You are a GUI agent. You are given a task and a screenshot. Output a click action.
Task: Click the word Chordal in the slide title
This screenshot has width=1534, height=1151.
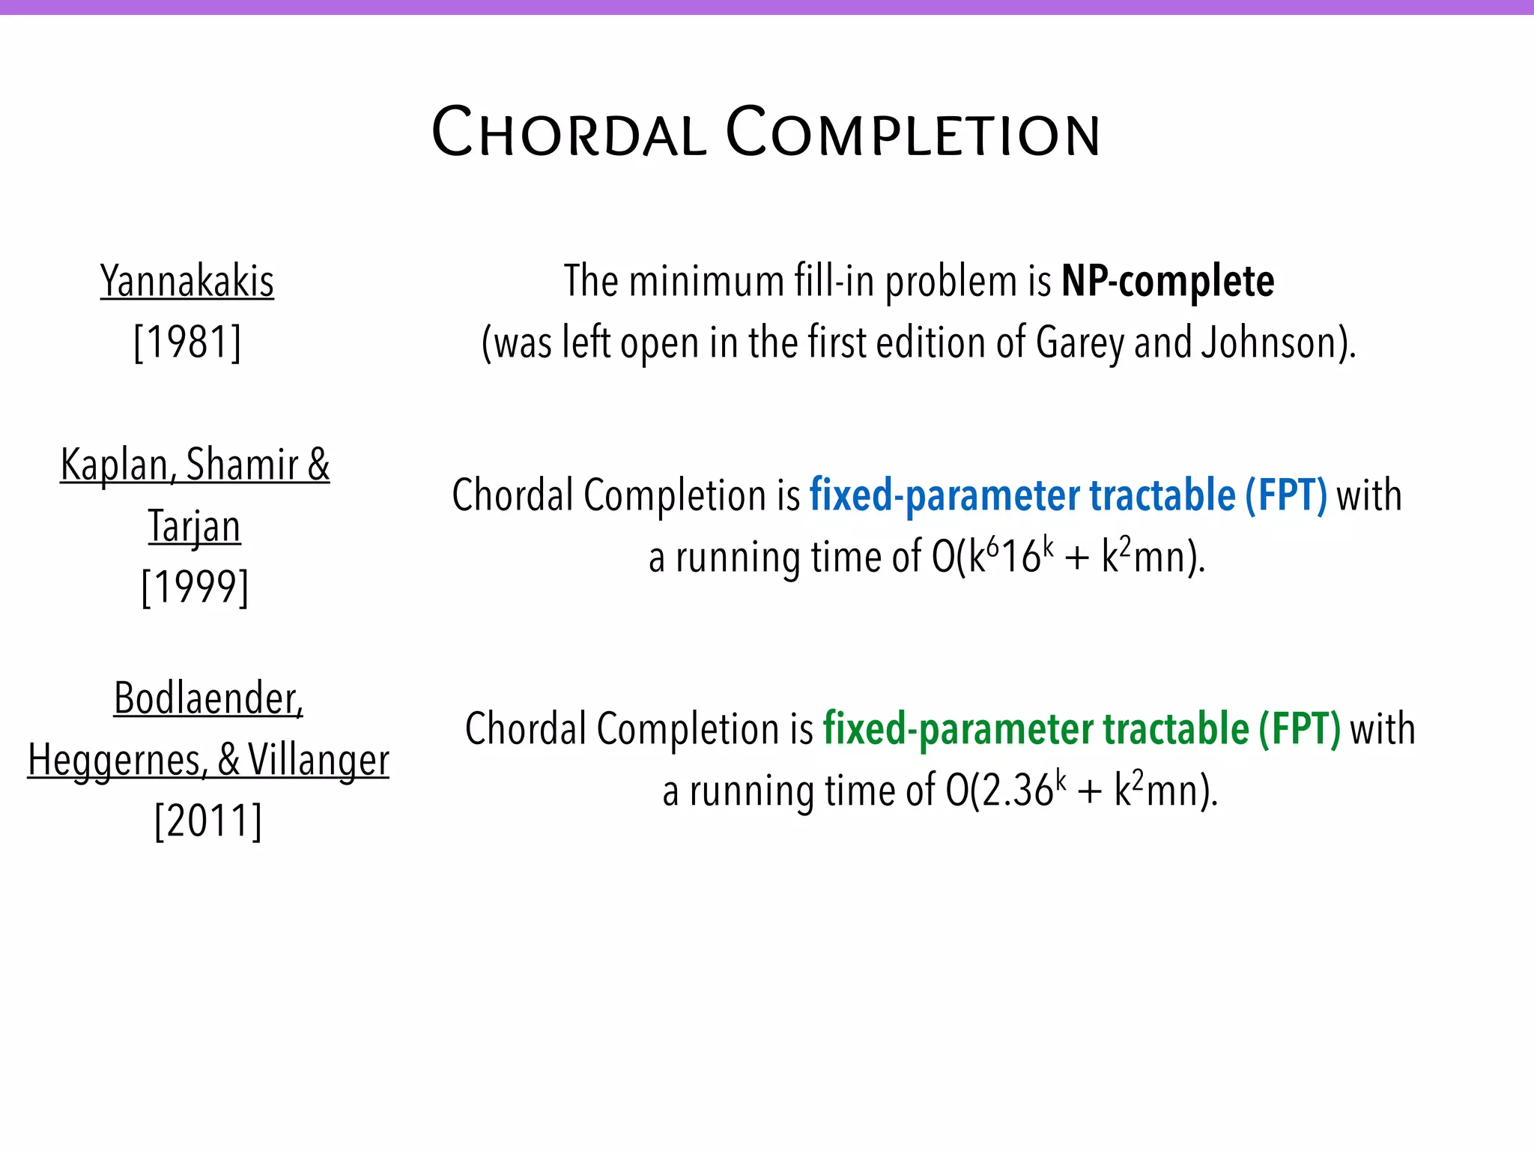pos(569,133)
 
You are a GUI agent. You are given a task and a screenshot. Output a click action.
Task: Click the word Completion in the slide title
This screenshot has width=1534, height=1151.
pos(913,133)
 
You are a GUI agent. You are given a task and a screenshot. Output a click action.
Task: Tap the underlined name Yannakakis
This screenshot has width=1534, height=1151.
pos(187,282)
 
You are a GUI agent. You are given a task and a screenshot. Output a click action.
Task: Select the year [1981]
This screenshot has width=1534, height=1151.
pos(187,342)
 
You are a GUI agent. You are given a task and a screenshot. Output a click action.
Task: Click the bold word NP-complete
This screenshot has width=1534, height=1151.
pos(1168,282)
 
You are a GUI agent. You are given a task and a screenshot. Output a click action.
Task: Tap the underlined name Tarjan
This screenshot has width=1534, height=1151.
pos(195,526)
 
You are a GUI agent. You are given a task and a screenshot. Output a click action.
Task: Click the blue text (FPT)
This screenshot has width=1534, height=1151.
pos(1285,495)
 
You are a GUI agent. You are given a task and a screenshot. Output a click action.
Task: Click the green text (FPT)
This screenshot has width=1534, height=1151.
pos(1299,729)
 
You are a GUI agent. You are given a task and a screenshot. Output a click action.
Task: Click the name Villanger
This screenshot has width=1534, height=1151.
pos(318,760)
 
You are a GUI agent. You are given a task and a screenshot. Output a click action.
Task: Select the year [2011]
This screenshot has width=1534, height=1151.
pos(208,821)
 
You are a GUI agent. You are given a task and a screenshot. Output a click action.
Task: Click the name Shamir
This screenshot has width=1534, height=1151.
pos(241,465)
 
